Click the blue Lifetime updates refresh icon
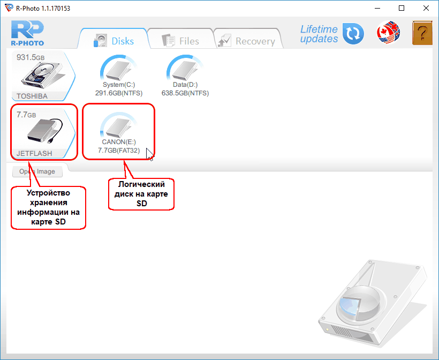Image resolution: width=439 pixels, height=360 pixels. [353, 34]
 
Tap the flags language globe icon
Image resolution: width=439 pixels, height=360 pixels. [388, 32]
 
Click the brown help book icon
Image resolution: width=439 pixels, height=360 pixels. [422, 33]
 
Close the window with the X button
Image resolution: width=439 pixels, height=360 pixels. [426, 8]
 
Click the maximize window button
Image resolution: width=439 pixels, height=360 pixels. [402, 8]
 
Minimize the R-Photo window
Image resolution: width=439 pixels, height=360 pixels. [377, 8]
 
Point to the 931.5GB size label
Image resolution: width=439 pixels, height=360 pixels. [31, 57]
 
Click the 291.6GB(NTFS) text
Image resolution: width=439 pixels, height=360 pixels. [119, 93]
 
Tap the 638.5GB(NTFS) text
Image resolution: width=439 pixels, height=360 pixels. [185, 93]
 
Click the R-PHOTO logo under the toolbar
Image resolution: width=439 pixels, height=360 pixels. [27, 33]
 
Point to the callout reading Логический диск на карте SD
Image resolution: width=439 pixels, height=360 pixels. [141, 194]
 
